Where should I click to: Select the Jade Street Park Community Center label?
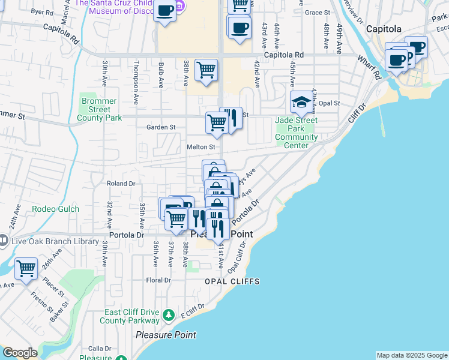coord(296,133)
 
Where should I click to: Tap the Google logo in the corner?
coord(20,353)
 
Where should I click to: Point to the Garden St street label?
coord(160,127)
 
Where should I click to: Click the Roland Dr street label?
coord(121,184)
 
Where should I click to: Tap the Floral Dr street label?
coord(158,280)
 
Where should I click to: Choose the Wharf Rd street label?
coord(376,70)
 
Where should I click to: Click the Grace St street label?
coord(318,12)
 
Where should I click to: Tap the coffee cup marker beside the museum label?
coord(164,10)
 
